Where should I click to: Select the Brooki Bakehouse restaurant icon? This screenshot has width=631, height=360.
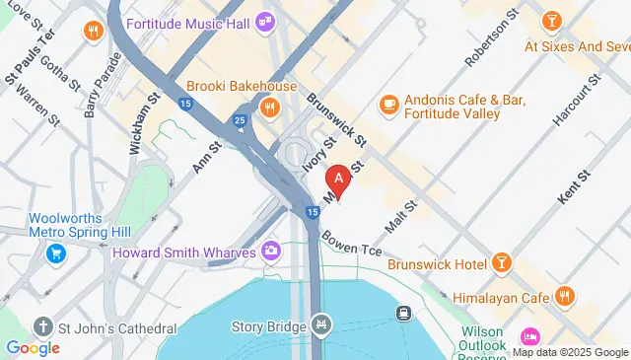[267, 106]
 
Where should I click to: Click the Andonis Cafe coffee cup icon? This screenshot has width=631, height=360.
[388, 103]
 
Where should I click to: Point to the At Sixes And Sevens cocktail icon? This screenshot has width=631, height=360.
[551, 20]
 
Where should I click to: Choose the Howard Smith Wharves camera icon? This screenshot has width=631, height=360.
[270, 252]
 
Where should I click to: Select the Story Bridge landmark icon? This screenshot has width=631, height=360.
[321, 324]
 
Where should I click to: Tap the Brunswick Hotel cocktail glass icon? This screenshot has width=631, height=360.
[502, 262]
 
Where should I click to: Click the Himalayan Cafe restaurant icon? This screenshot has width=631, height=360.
[565, 296]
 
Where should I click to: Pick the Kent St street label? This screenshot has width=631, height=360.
[572, 184]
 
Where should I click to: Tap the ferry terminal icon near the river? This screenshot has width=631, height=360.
[403, 314]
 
